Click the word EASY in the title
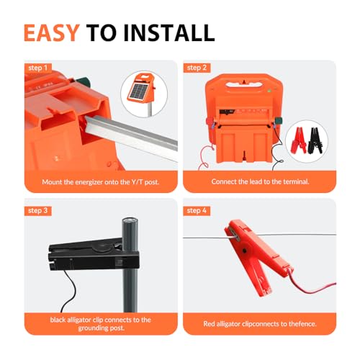[50, 32]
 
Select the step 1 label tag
[39, 68]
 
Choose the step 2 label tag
[197, 68]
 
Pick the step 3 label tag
[39, 210]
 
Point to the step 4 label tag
[197, 210]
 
